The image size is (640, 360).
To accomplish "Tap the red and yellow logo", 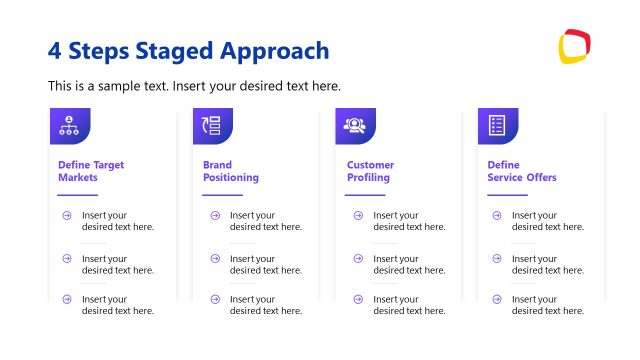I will (574, 46).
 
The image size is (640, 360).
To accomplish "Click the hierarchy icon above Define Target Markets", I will (70, 126).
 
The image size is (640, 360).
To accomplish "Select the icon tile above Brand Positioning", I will (212, 126).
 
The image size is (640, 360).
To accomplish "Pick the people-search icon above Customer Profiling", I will (355, 126).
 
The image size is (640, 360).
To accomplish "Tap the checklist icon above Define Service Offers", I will (497, 126).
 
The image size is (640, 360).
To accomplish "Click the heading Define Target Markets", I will (91, 171).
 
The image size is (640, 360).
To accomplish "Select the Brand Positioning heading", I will (230, 171).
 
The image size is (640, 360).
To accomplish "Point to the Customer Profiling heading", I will (370, 171).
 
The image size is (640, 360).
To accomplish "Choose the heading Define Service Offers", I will (522, 171).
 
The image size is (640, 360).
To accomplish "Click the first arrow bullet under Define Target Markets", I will (67, 215).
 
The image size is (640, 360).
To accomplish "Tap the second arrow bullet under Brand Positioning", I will (215, 259).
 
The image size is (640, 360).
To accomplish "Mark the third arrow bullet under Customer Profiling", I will (357, 299).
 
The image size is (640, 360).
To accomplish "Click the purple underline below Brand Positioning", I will (222, 195).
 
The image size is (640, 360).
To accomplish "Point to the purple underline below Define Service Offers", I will (507, 195).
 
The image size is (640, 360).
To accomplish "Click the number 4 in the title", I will (55, 50).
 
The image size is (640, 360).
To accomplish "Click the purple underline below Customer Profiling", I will (365, 195).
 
